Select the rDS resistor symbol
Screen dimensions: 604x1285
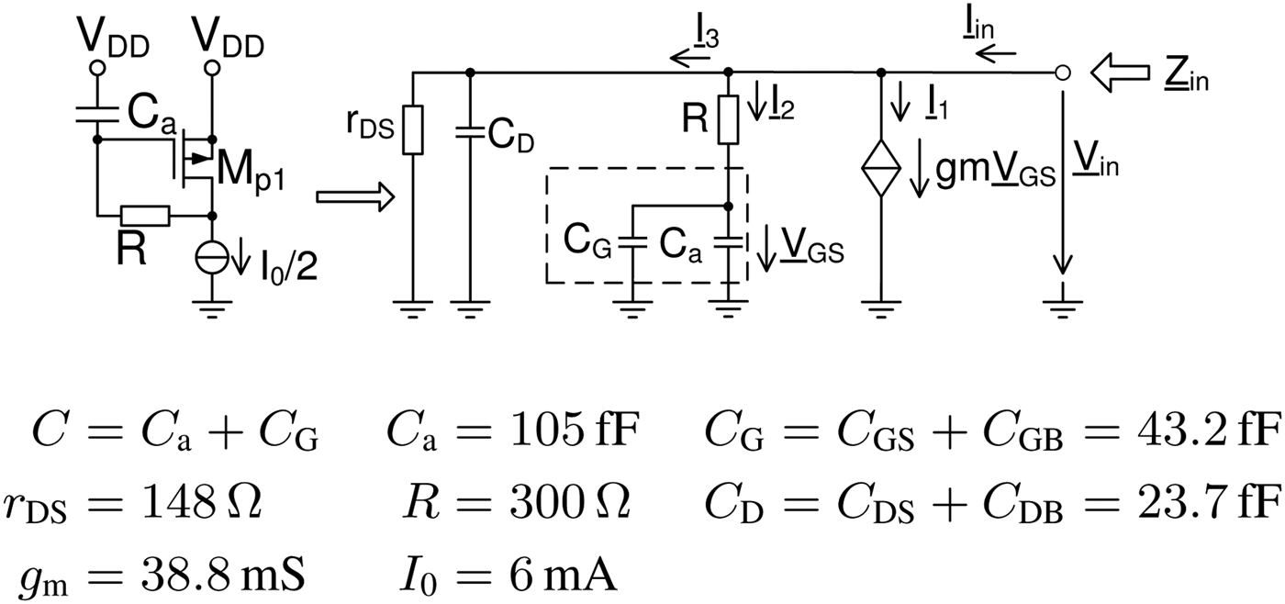[x=413, y=129]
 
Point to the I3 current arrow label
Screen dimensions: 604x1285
[x=704, y=40]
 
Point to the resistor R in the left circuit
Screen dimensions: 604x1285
[x=145, y=217]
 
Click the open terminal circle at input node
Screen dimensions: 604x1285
[x=1062, y=73]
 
